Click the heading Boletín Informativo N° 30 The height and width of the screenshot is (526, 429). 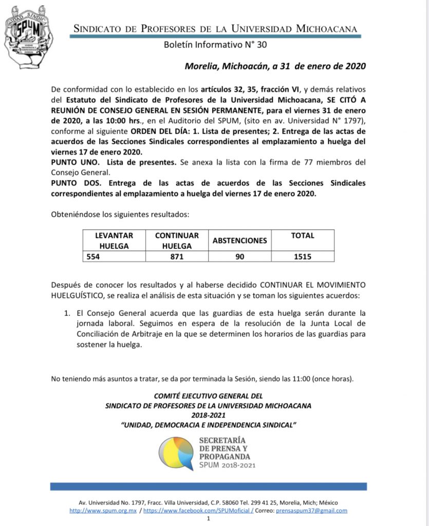[x=215, y=45]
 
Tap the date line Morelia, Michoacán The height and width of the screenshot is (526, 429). [x=275, y=66]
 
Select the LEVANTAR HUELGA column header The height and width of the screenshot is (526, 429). [x=114, y=240]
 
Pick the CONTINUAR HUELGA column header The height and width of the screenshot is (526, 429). [x=176, y=240]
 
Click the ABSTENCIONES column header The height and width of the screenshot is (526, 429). [x=240, y=240]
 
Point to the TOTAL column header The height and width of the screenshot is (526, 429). [x=303, y=236]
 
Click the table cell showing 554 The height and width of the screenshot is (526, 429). [x=92, y=256]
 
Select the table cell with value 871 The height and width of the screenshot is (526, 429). [x=176, y=256]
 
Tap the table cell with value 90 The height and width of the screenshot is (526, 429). [x=240, y=256]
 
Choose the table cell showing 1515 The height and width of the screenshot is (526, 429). [x=303, y=256]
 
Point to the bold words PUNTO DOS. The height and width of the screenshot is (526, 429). [x=71, y=183]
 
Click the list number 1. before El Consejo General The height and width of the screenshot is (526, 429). [x=67, y=312]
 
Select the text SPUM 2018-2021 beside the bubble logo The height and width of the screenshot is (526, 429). [x=227, y=465]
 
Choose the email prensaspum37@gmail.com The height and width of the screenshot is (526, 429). [x=311, y=511]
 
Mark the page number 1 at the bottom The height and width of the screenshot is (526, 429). [x=209, y=519]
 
